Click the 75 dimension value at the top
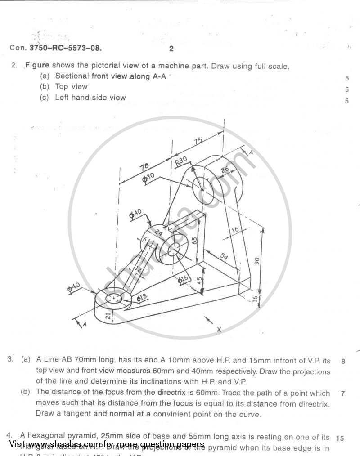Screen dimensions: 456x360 pos(198,141)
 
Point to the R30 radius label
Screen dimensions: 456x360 pos(181,162)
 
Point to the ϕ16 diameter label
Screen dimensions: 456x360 pos(183,279)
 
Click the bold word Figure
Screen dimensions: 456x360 pos(37,65)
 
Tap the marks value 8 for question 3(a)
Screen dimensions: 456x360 pos(343,361)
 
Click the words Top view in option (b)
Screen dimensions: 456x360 pos(71,87)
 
